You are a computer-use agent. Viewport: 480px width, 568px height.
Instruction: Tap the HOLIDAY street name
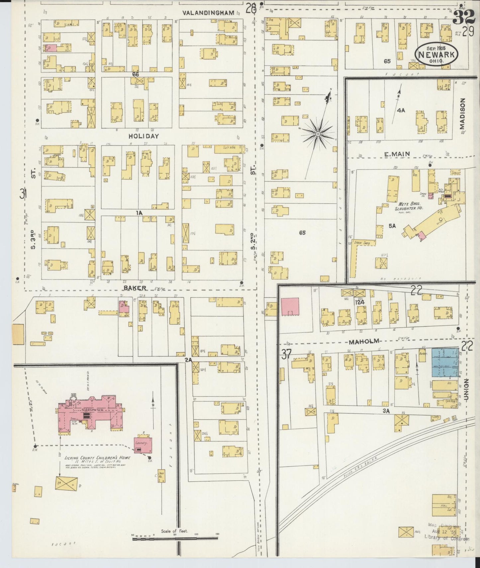click(144, 136)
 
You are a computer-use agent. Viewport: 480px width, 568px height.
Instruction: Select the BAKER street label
click(135, 288)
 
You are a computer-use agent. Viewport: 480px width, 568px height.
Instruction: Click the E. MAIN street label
click(397, 154)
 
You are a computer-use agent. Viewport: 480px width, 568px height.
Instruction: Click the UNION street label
click(466, 389)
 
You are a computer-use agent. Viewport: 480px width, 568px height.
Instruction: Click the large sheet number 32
click(463, 16)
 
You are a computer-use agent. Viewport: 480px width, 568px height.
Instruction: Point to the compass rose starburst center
click(318, 134)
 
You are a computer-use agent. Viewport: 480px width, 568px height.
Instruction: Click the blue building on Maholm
click(444, 362)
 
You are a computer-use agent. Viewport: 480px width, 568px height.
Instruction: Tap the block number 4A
click(401, 110)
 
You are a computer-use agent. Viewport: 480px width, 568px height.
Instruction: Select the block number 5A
click(392, 226)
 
